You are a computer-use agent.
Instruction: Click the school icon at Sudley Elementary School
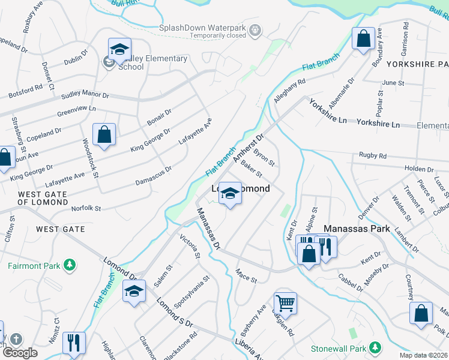pos(119,50)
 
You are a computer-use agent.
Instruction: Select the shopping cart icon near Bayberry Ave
pos(285,302)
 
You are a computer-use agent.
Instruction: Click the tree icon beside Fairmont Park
pos(70,265)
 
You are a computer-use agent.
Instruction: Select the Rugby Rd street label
pos(373,156)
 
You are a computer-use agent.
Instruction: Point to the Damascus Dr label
pos(154,176)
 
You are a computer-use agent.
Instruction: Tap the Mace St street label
pos(246,277)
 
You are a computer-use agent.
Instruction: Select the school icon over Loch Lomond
pos(229,194)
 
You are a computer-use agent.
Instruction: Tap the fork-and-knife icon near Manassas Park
pos(326,246)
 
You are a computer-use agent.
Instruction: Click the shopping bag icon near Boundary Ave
pos(363,40)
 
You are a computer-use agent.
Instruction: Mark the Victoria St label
pos(190,247)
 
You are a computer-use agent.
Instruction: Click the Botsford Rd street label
pos(25,91)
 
